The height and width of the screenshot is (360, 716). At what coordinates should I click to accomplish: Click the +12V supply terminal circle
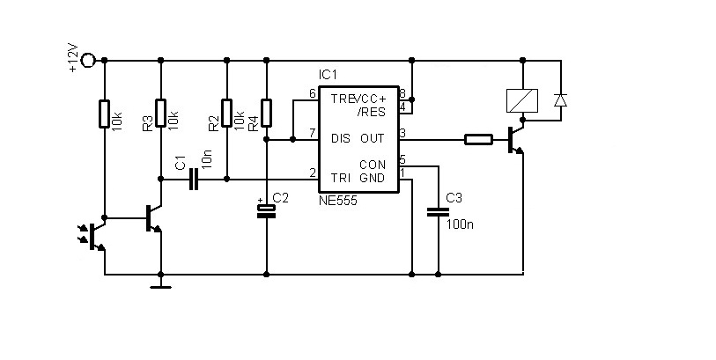click(x=88, y=60)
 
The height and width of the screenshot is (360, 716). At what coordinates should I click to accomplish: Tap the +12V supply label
click(x=73, y=58)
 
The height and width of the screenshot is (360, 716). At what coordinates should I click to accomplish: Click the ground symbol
click(x=161, y=287)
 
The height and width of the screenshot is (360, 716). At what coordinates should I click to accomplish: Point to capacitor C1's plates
click(x=195, y=180)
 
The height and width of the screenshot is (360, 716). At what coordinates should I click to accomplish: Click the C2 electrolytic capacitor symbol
click(x=267, y=210)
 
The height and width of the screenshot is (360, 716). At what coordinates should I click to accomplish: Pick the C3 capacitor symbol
click(x=439, y=211)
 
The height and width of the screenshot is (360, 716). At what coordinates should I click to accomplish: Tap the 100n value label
click(x=460, y=224)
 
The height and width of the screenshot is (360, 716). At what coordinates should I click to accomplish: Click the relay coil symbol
click(x=522, y=100)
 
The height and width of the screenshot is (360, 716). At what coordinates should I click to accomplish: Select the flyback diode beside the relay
click(x=561, y=100)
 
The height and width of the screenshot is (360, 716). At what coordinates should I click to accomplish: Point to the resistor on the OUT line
click(x=478, y=140)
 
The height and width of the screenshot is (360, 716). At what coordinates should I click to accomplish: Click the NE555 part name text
click(x=338, y=200)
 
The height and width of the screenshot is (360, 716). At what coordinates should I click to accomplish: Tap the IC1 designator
click(x=328, y=74)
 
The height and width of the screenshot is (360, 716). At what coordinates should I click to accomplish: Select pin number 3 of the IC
click(x=402, y=134)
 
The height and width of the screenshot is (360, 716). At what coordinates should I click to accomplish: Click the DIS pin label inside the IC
click(x=341, y=138)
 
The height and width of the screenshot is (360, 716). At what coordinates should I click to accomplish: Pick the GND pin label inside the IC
click(x=373, y=178)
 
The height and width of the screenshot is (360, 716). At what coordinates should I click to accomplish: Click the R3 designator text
click(x=147, y=124)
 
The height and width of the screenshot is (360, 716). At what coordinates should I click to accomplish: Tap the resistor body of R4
click(x=267, y=113)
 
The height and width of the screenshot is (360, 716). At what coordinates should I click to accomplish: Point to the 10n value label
click(x=207, y=159)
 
